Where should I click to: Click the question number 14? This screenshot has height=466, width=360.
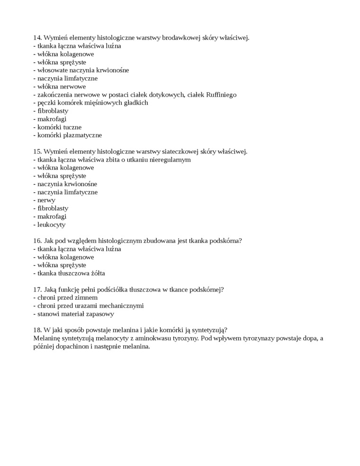(x=37, y=38)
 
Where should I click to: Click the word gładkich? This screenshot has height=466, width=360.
(x=135, y=103)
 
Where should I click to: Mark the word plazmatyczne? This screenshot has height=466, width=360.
(x=81, y=135)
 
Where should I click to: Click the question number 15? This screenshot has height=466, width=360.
(x=37, y=152)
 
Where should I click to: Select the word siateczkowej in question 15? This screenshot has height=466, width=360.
(x=180, y=152)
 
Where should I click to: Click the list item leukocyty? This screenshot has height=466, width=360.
(x=51, y=224)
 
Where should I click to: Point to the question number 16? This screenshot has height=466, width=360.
(x=37, y=241)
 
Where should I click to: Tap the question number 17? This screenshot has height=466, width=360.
(x=37, y=289)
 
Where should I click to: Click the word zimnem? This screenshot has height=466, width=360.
(x=85, y=297)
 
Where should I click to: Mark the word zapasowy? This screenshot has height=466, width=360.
(x=99, y=314)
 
